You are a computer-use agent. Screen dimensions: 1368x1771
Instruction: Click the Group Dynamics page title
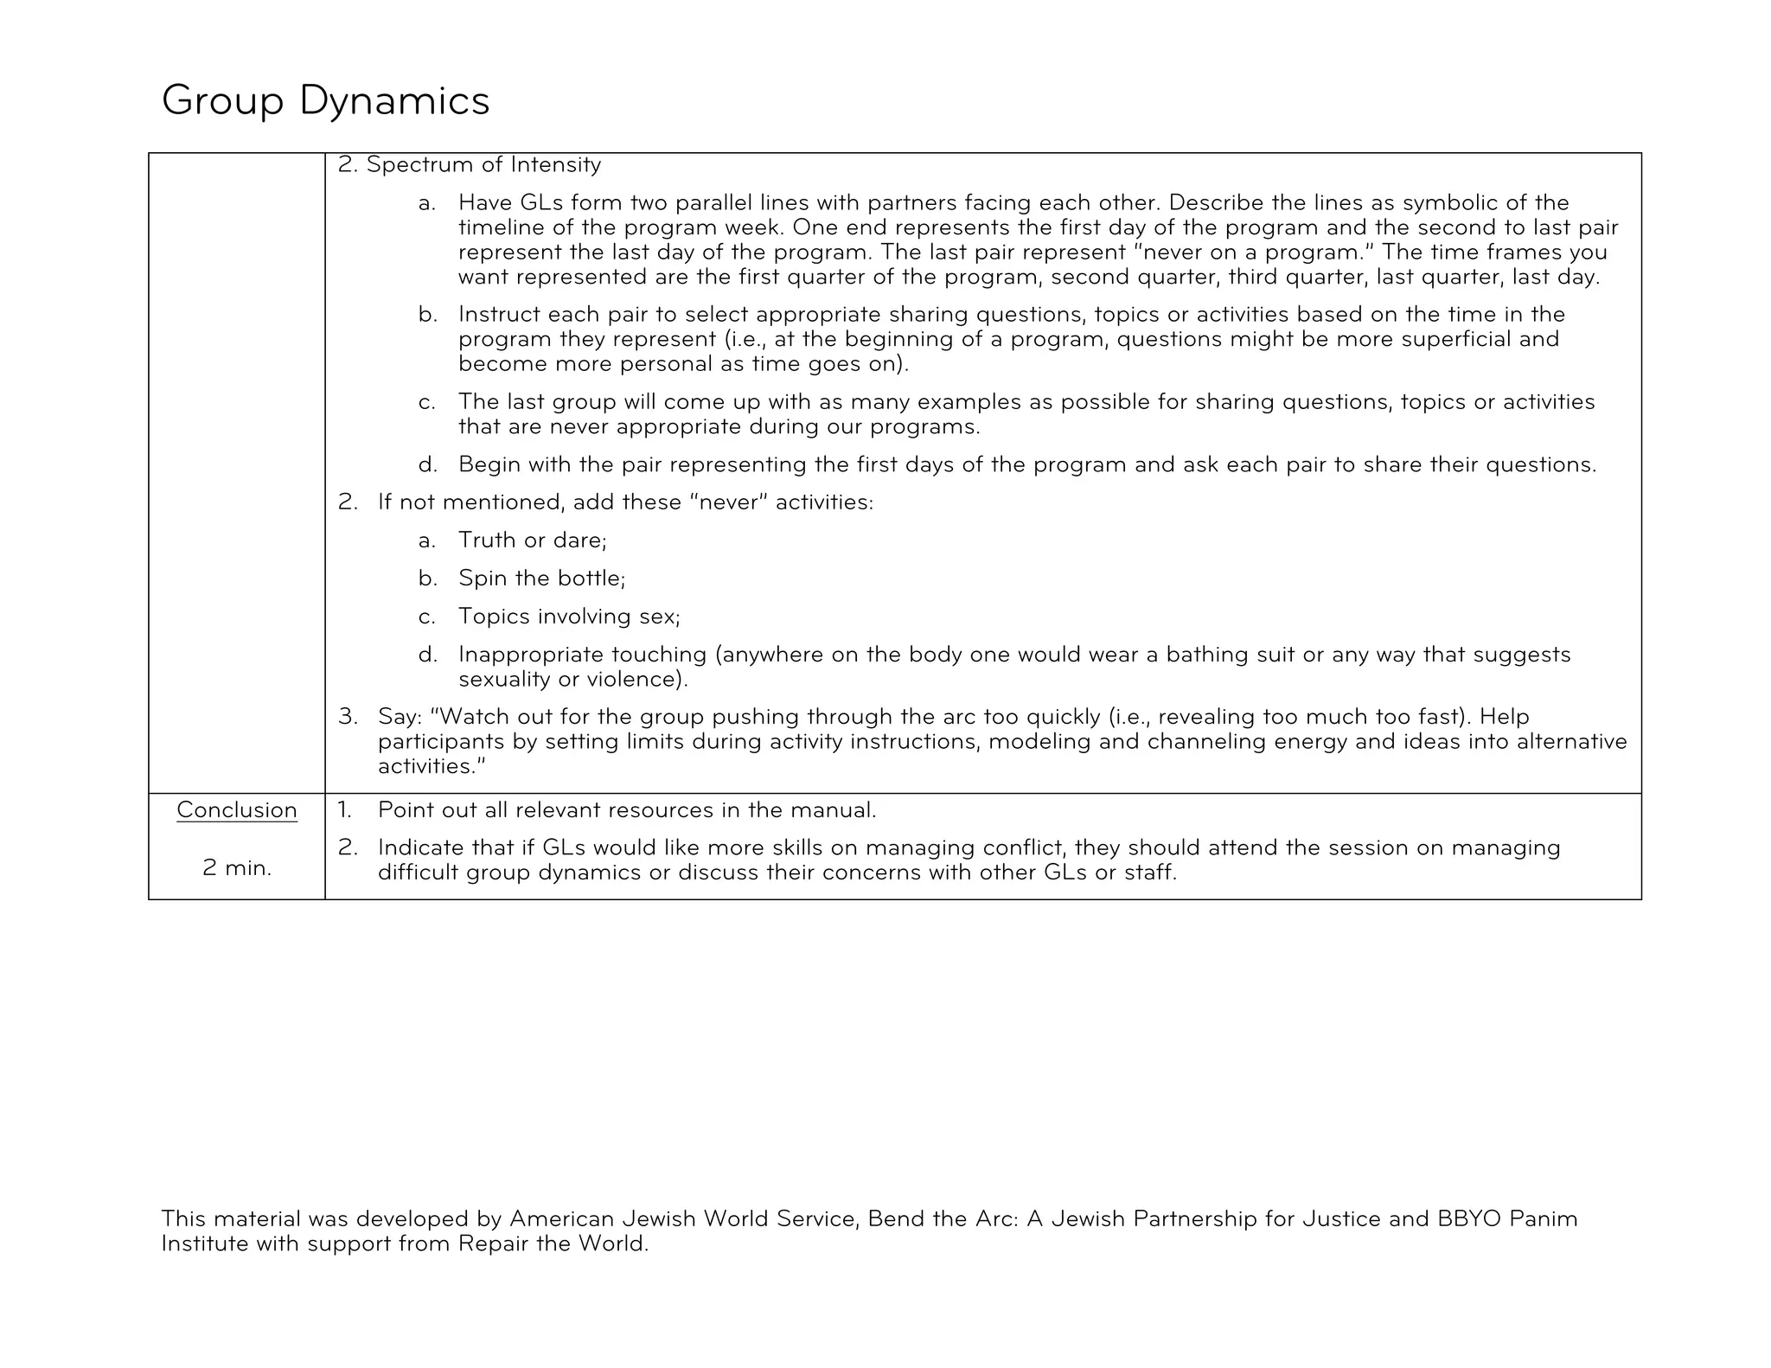point(325,101)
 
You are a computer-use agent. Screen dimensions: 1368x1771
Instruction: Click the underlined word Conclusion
point(236,810)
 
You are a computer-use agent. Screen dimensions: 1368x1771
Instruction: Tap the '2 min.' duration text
point(236,867)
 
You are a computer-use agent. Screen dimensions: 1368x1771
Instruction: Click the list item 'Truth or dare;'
point(532,540)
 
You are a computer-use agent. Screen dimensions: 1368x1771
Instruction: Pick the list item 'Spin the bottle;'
point(541,578)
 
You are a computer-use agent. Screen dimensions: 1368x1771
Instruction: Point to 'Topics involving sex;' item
point(569,616)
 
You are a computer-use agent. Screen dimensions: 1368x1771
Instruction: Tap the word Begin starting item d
point(489,464)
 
